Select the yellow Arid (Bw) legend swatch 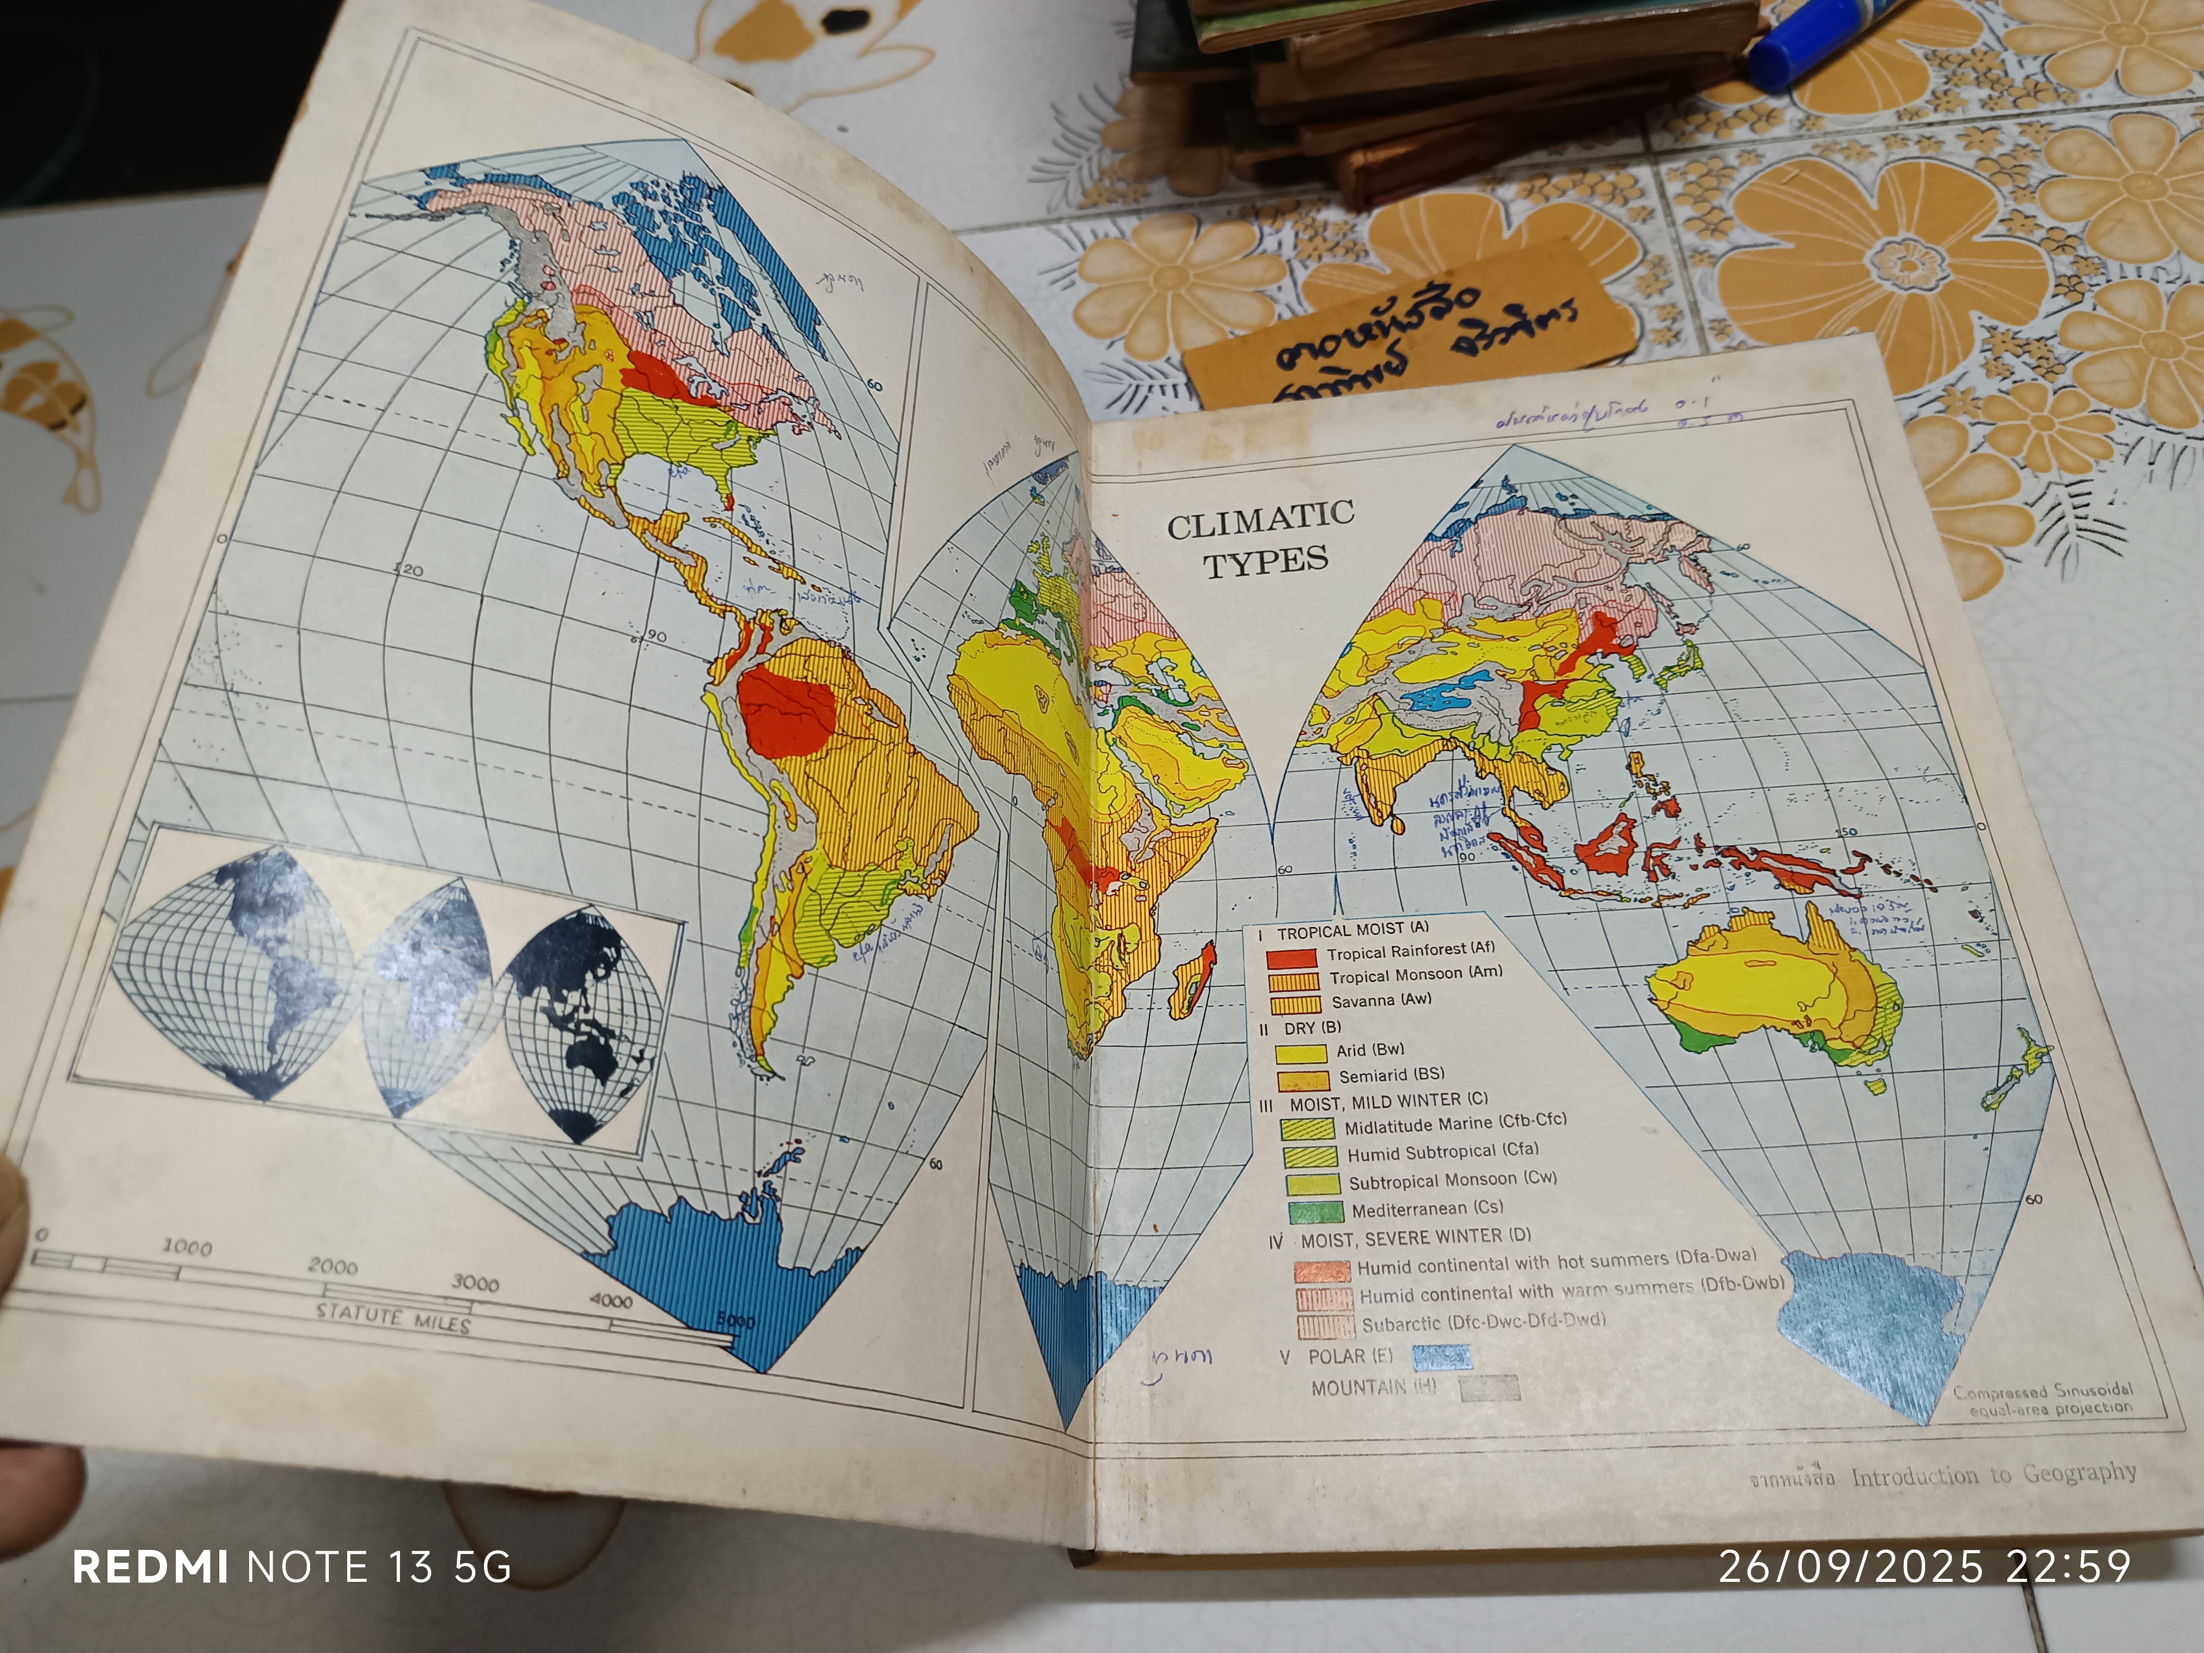1302,1053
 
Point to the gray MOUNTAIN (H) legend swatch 1489,1388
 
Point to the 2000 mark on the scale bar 332,1266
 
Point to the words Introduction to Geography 1994,1474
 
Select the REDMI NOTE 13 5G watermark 292,1567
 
